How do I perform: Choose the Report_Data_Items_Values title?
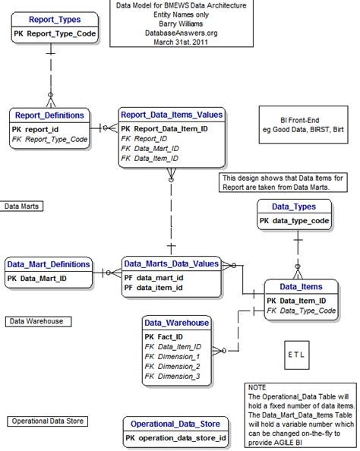[172, 115]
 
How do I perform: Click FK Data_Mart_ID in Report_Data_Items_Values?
[150, 149]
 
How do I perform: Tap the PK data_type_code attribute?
[294, 221]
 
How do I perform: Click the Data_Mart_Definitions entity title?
[49, 265]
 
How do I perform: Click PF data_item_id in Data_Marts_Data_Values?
[153, 288]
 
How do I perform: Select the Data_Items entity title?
[300, 287]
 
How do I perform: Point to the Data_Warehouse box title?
[176, 323]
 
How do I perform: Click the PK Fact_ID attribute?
[163, 336]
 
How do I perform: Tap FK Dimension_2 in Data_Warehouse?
[172, 366]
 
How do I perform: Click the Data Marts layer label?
[23, 206]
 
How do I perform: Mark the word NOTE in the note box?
[258, 387]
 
